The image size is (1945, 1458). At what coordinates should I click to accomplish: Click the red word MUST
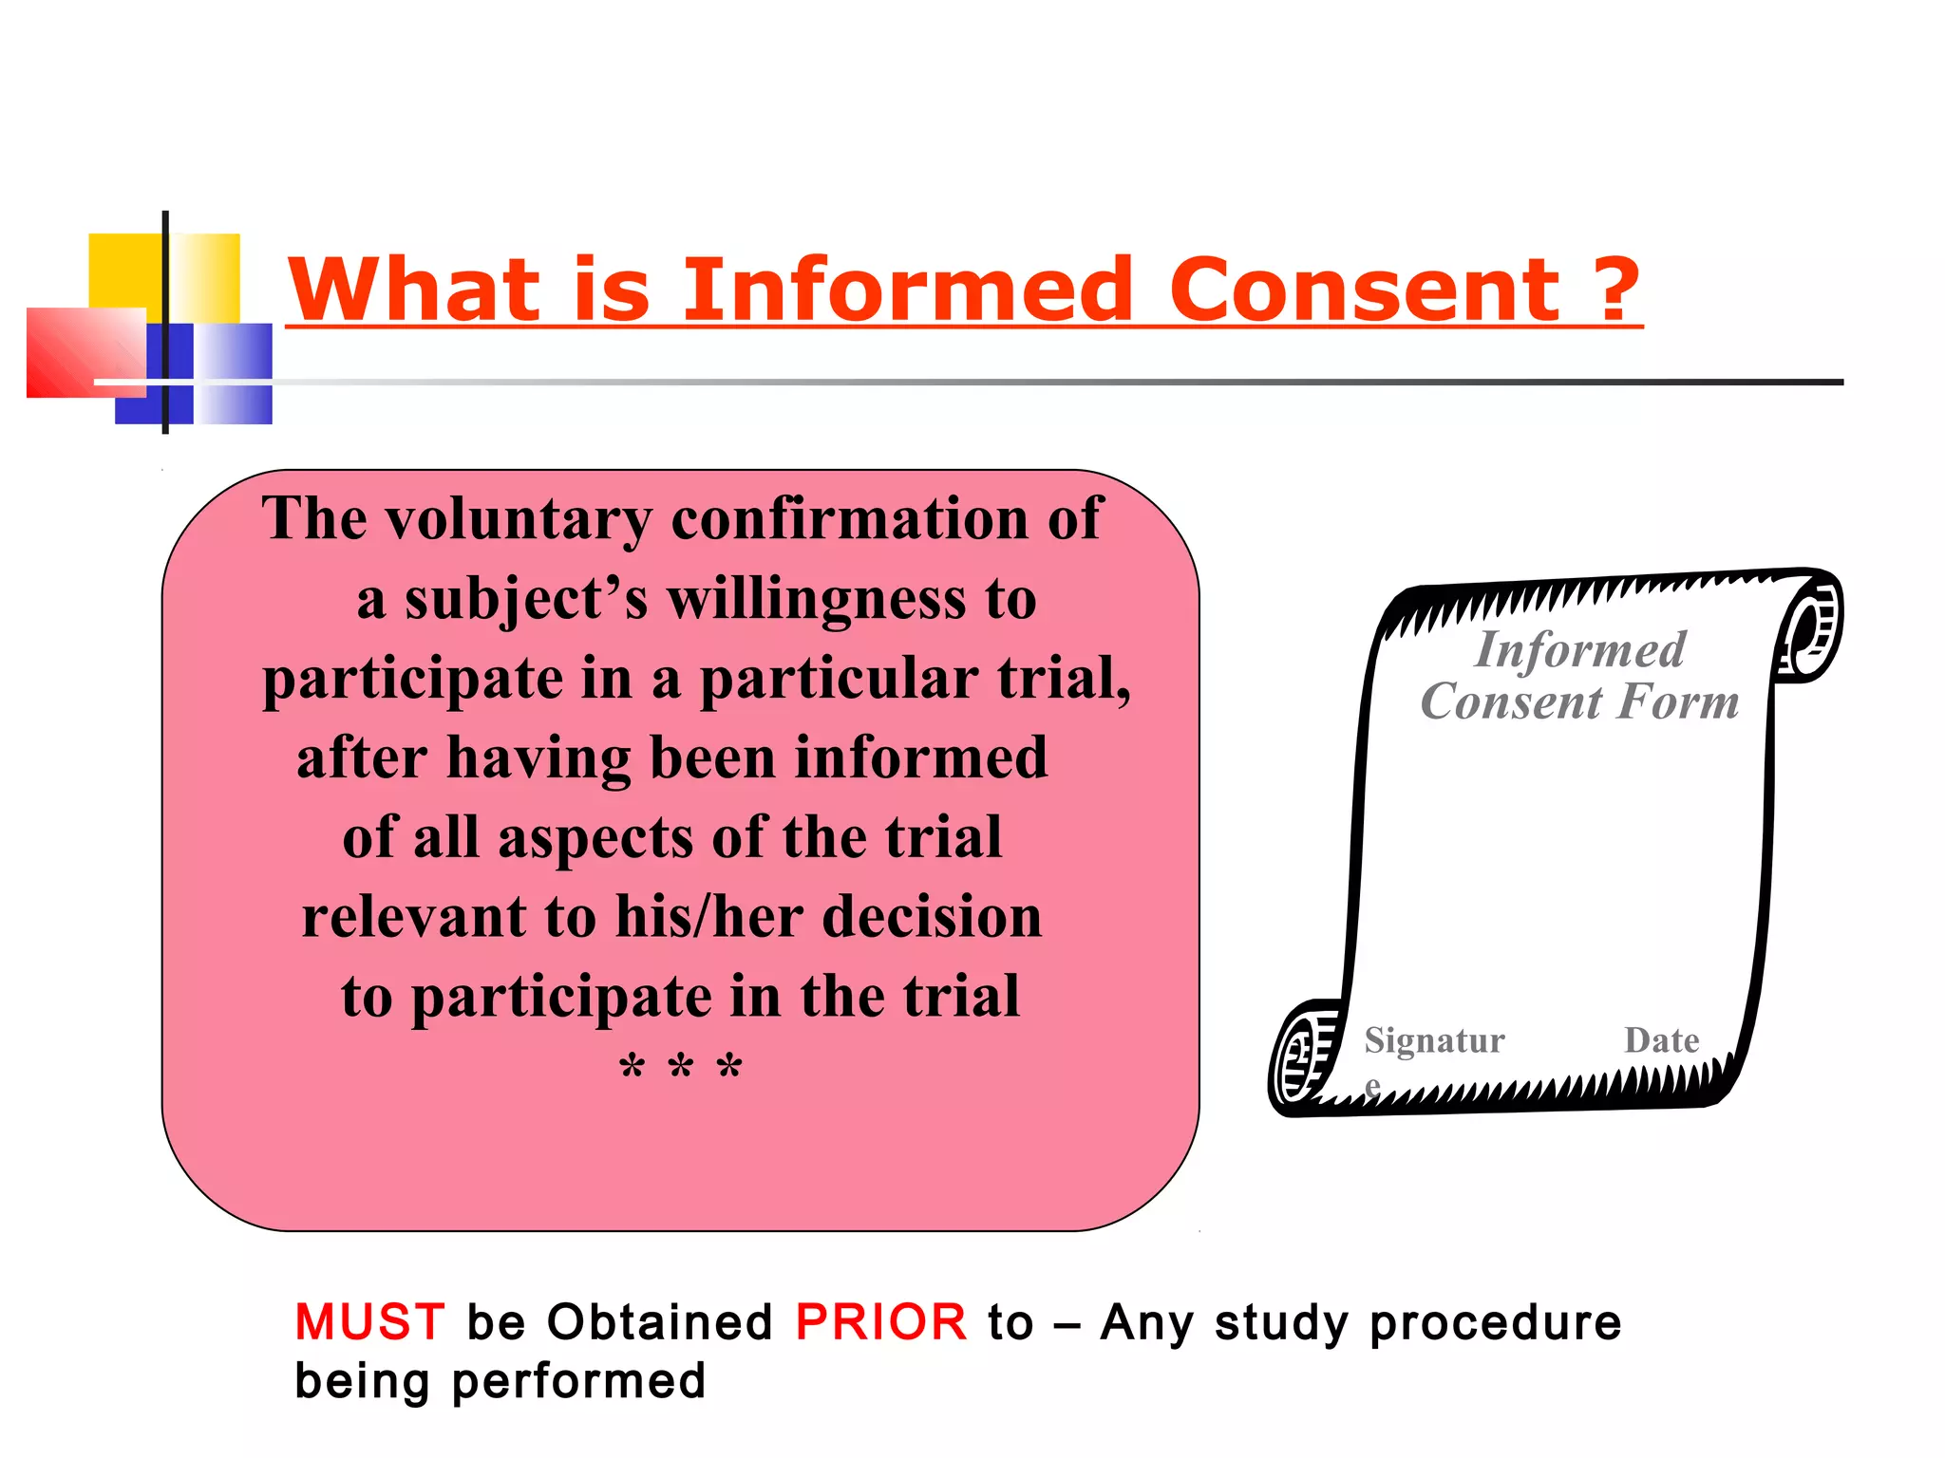pyautogui.click(x=369, y=1321)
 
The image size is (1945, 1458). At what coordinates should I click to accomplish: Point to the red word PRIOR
pyautogui.click(x=880, y=1321)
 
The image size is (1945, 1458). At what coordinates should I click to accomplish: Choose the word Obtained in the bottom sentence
pyautogui.click(x=660, y=1321)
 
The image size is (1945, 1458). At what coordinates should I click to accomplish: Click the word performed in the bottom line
pyautogui.click(x=578, y=1380)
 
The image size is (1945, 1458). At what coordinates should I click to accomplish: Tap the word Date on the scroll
pyautogui.click(x=1661, y=1040)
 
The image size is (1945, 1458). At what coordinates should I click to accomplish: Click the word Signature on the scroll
pyautogui.click(x=1434, y=1042)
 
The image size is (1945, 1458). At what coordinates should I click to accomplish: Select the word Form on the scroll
pyautogui.click(x=1678, y=702)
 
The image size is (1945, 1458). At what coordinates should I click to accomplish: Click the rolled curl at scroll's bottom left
pyautogui.click(x=1304, y=1056)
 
